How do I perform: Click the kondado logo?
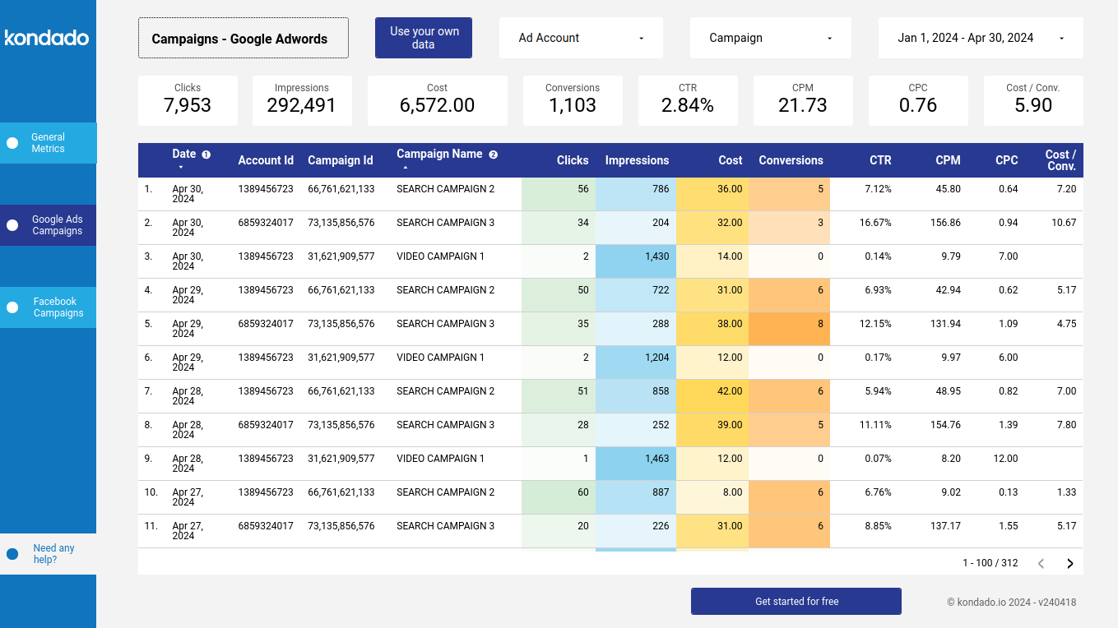click(47, 38)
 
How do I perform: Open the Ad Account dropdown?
click(581, 38)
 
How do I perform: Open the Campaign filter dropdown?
click(771, 38)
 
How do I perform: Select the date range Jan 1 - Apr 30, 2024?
click(980, 38)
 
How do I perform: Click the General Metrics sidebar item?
click(48, 143)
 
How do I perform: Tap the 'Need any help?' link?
click(53, 554)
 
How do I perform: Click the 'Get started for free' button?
click(796, 602)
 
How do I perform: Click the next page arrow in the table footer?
click(1070, 563)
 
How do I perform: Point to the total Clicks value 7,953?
click(188, 105)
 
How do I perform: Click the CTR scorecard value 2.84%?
click(688, 105)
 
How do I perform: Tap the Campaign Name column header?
click(439, 155)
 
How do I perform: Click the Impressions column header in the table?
click(637, 161)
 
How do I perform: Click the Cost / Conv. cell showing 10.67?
click(1063, 223)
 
